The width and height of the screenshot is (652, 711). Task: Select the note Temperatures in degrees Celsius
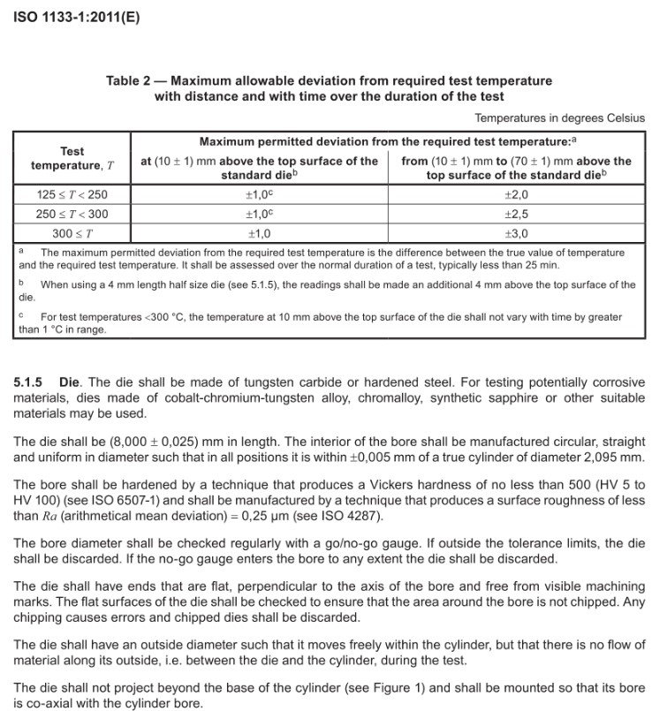559,117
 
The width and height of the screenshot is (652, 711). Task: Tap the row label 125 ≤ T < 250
72,194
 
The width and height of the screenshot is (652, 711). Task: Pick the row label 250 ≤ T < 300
72,214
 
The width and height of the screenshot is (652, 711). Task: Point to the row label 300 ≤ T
72,233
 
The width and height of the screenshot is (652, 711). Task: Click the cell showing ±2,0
516,194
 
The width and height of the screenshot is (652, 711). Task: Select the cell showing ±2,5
516,214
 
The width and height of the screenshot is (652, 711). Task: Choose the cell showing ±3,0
516,233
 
